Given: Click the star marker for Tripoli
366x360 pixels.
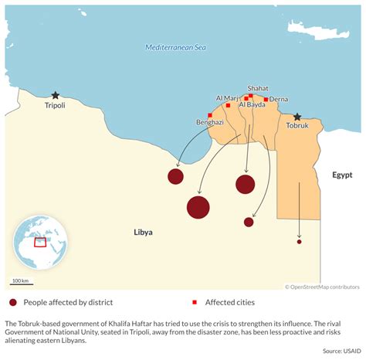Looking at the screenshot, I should (x=55, y=96).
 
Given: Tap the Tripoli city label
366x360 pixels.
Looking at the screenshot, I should (x=55, y=106).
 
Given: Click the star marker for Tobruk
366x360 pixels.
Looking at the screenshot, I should (x=297, y=117).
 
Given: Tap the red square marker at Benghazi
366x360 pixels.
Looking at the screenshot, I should (x=209, y=115).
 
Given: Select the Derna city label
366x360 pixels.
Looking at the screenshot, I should (x=278, y=99).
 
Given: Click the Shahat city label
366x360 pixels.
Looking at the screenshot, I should (x=258, y=89).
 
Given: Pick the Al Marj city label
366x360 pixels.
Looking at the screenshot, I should (x=227, y=98).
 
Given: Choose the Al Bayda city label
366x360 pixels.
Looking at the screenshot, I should (x=252, y=104).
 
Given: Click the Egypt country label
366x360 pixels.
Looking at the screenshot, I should (x=342, y=175).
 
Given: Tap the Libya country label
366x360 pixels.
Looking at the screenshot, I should (x=143, y=232).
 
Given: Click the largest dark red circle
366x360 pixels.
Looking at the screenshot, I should (x=198, y=207).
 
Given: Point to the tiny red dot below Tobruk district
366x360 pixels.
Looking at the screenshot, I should (x=300, y=242).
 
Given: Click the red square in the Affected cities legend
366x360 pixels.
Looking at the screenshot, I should (x=195, y=302).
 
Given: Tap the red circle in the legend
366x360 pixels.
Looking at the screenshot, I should (x=12, y=302).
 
